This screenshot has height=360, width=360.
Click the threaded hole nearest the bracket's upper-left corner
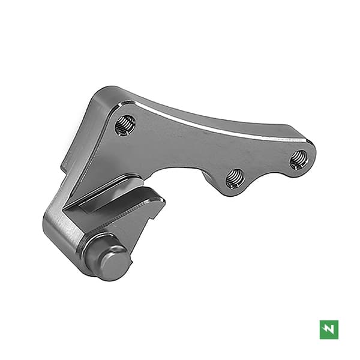click(125, 125)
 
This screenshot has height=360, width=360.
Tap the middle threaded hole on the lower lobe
click(234, 178)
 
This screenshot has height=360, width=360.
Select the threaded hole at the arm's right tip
click(299, 159)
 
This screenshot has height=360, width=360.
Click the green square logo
click(329, 329)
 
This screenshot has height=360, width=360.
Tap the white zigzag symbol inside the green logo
click(329, 329)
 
